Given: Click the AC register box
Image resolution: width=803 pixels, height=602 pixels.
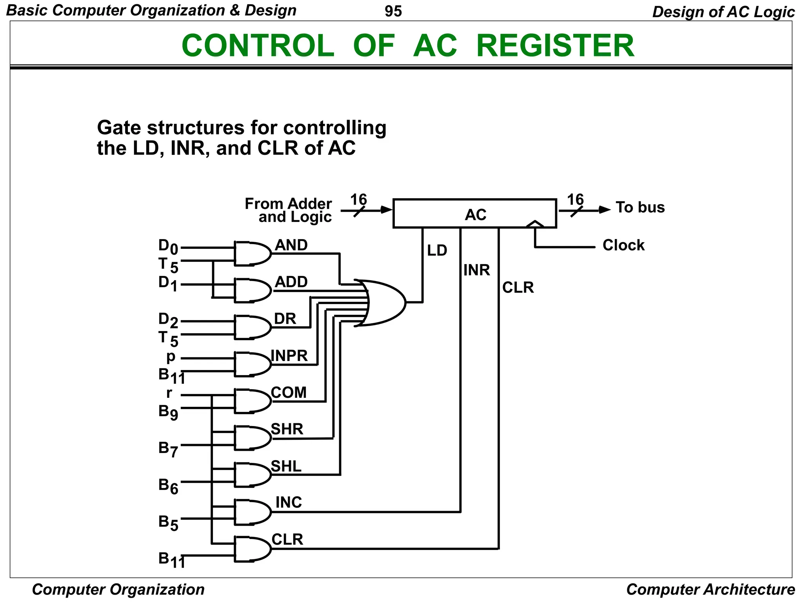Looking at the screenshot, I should (x=474, y=214).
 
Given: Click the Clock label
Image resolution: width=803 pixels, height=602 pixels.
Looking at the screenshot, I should (x=623, y=245).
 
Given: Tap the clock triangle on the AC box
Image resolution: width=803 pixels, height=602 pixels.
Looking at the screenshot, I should (x=535, y=224).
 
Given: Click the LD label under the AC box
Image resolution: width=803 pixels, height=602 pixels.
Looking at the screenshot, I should (x=437, y=251).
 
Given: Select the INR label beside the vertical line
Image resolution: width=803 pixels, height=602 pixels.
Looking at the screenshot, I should (x=476, y=270).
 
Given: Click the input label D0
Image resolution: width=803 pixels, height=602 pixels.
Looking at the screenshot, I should (x=168, y=247).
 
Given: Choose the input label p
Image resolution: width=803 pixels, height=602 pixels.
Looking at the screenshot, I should (x=171, y=357).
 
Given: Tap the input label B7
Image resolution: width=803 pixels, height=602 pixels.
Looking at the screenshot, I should (x=168, y=449).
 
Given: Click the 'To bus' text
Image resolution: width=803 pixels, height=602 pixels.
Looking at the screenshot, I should (x=640, y=207).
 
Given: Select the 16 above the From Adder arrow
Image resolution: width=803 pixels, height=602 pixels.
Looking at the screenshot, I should (x=358, y=200).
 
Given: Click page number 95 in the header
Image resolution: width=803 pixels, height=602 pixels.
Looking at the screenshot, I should (x=393, y=11).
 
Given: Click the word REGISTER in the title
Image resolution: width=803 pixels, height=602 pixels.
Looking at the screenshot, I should (x=555, y=46).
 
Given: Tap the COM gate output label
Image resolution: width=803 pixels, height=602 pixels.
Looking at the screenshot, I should (x=289, y=393).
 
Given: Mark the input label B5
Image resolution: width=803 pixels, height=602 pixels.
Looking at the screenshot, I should (x=168, y=522).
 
